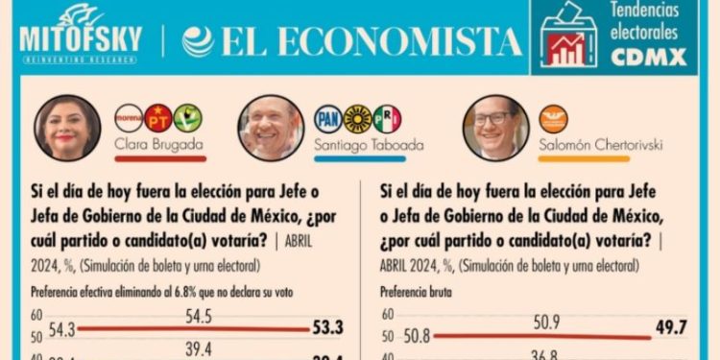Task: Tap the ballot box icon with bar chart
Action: pos(568,36)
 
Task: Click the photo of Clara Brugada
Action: pos(68,128)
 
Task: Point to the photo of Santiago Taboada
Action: pos(270,127)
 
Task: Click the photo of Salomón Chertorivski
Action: pos(495,127)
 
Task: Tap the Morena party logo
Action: pos(129,118)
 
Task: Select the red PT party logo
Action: pos(158,118)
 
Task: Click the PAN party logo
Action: pos(328,118)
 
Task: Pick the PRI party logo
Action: pos(386,118)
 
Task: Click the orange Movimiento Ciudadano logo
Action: pos(553,118)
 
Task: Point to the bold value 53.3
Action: pos(329,328)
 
